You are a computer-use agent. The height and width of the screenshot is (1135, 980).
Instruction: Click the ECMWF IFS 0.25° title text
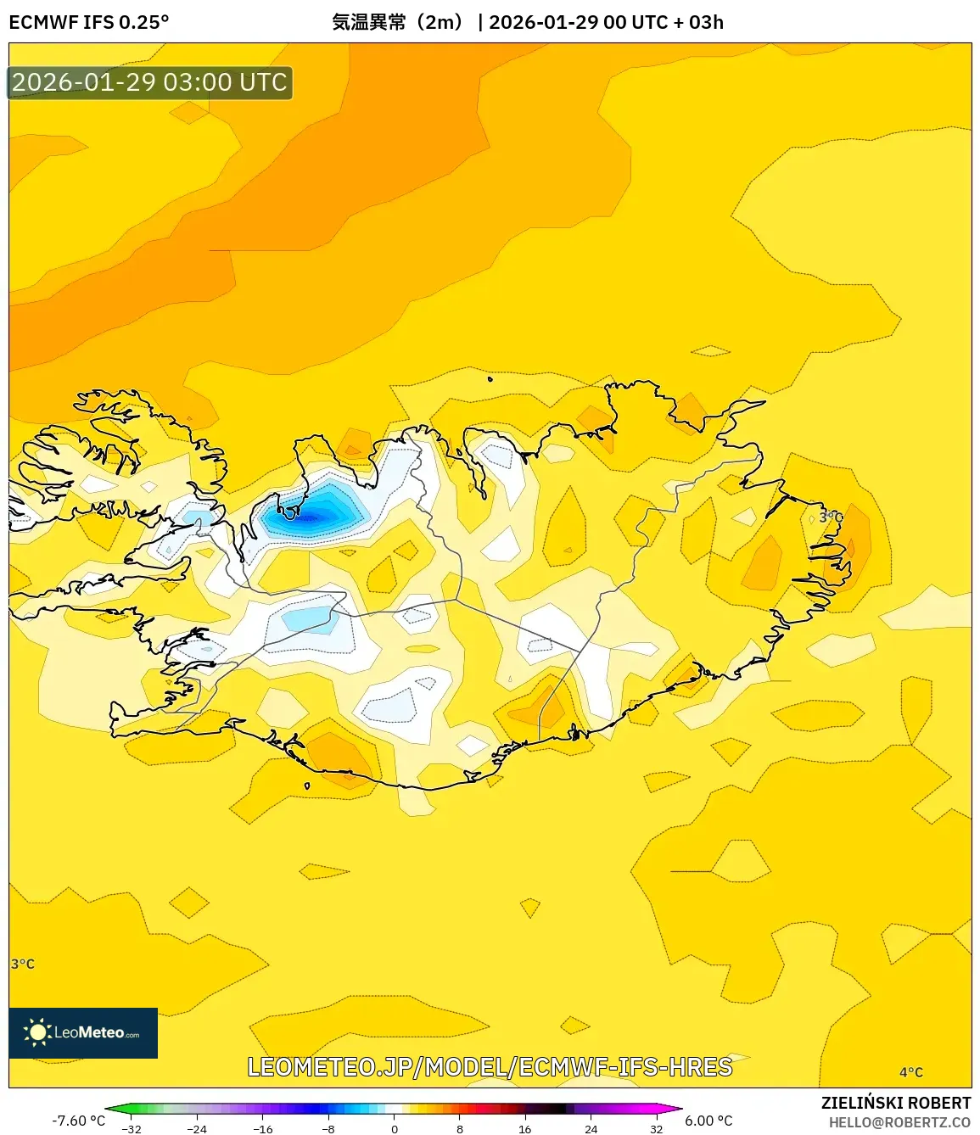coord(88,22)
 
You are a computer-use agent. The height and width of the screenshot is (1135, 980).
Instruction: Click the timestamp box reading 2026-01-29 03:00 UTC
coord(149,82)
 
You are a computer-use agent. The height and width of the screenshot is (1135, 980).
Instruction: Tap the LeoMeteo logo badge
coord(83,1032)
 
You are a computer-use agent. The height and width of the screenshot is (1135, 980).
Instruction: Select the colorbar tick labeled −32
coord(132,1128)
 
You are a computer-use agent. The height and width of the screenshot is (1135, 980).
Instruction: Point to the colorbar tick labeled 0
coord(394,1128)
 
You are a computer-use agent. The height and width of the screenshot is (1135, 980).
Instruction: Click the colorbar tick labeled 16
coord(524,1128)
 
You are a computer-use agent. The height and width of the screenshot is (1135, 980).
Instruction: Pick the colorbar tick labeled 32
coord(656,1128)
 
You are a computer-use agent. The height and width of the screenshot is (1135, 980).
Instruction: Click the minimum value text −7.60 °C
coord(78,1121)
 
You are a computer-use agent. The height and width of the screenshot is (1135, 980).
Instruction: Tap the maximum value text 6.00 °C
coord(708,1121)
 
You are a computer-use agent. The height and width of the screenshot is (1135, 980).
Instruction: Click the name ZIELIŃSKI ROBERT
coord(895,1103)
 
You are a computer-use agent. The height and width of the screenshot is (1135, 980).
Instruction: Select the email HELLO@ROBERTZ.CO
coord(899,1122)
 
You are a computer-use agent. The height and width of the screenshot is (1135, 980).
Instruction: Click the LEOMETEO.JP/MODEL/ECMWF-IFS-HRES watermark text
coord(490,1066)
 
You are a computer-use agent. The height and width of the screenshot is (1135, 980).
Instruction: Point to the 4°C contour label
coord(910,1072)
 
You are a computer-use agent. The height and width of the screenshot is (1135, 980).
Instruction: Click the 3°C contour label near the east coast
coord(831,517)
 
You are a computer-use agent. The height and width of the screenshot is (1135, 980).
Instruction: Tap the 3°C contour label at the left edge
coord(23,964)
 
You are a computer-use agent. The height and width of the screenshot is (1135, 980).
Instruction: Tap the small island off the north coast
coord(490,379)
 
